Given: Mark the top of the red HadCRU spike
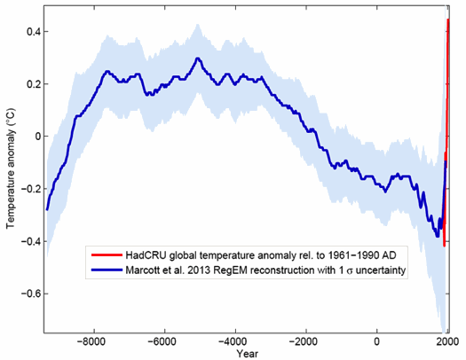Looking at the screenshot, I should (x=448, y=20).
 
